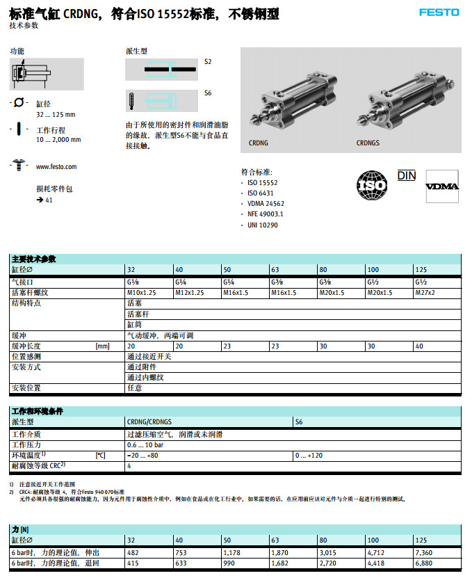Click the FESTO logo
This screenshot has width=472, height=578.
(x=439, y=13)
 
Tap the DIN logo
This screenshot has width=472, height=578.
(x=407, y=175)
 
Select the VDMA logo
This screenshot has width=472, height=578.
(x=442, y=186)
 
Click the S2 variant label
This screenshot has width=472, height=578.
(x=208, y=61)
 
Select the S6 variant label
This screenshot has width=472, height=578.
(x=208, y=93)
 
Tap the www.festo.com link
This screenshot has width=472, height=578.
(x=56, y=167)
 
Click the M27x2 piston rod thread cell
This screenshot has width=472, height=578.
(x=425, y=293)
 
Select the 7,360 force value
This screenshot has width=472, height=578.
(x=424, y=552)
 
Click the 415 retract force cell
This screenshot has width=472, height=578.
(x=133, y=562)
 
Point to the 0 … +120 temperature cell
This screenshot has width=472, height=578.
(x=309, y=455)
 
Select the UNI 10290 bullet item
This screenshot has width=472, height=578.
(x=263, y=225)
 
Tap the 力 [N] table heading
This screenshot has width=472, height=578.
(x=20, y=529)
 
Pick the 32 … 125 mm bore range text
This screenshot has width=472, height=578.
(x=56, y=114)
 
